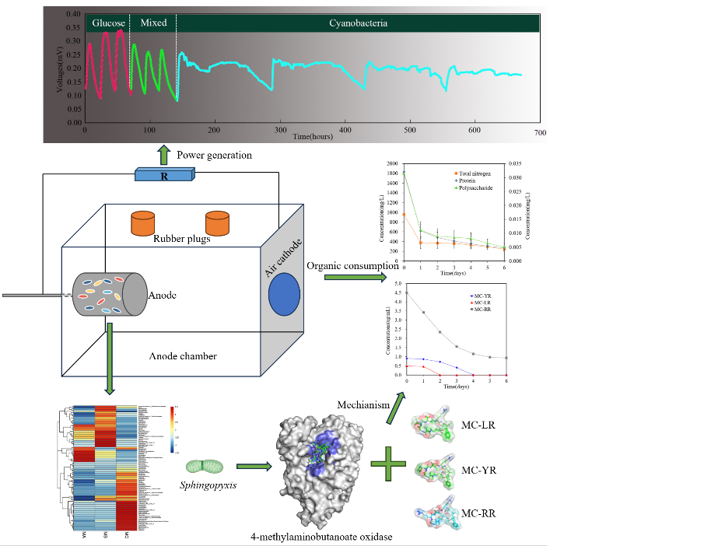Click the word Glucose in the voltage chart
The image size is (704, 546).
tap(109, 23)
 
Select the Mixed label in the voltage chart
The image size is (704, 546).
tap(153, 23)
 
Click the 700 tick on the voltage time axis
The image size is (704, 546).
tap(540, 133)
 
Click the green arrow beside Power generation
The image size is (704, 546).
tap(163, 153)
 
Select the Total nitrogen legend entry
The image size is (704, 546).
tap(474, 173)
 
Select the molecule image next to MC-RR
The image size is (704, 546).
tap(440, 513)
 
